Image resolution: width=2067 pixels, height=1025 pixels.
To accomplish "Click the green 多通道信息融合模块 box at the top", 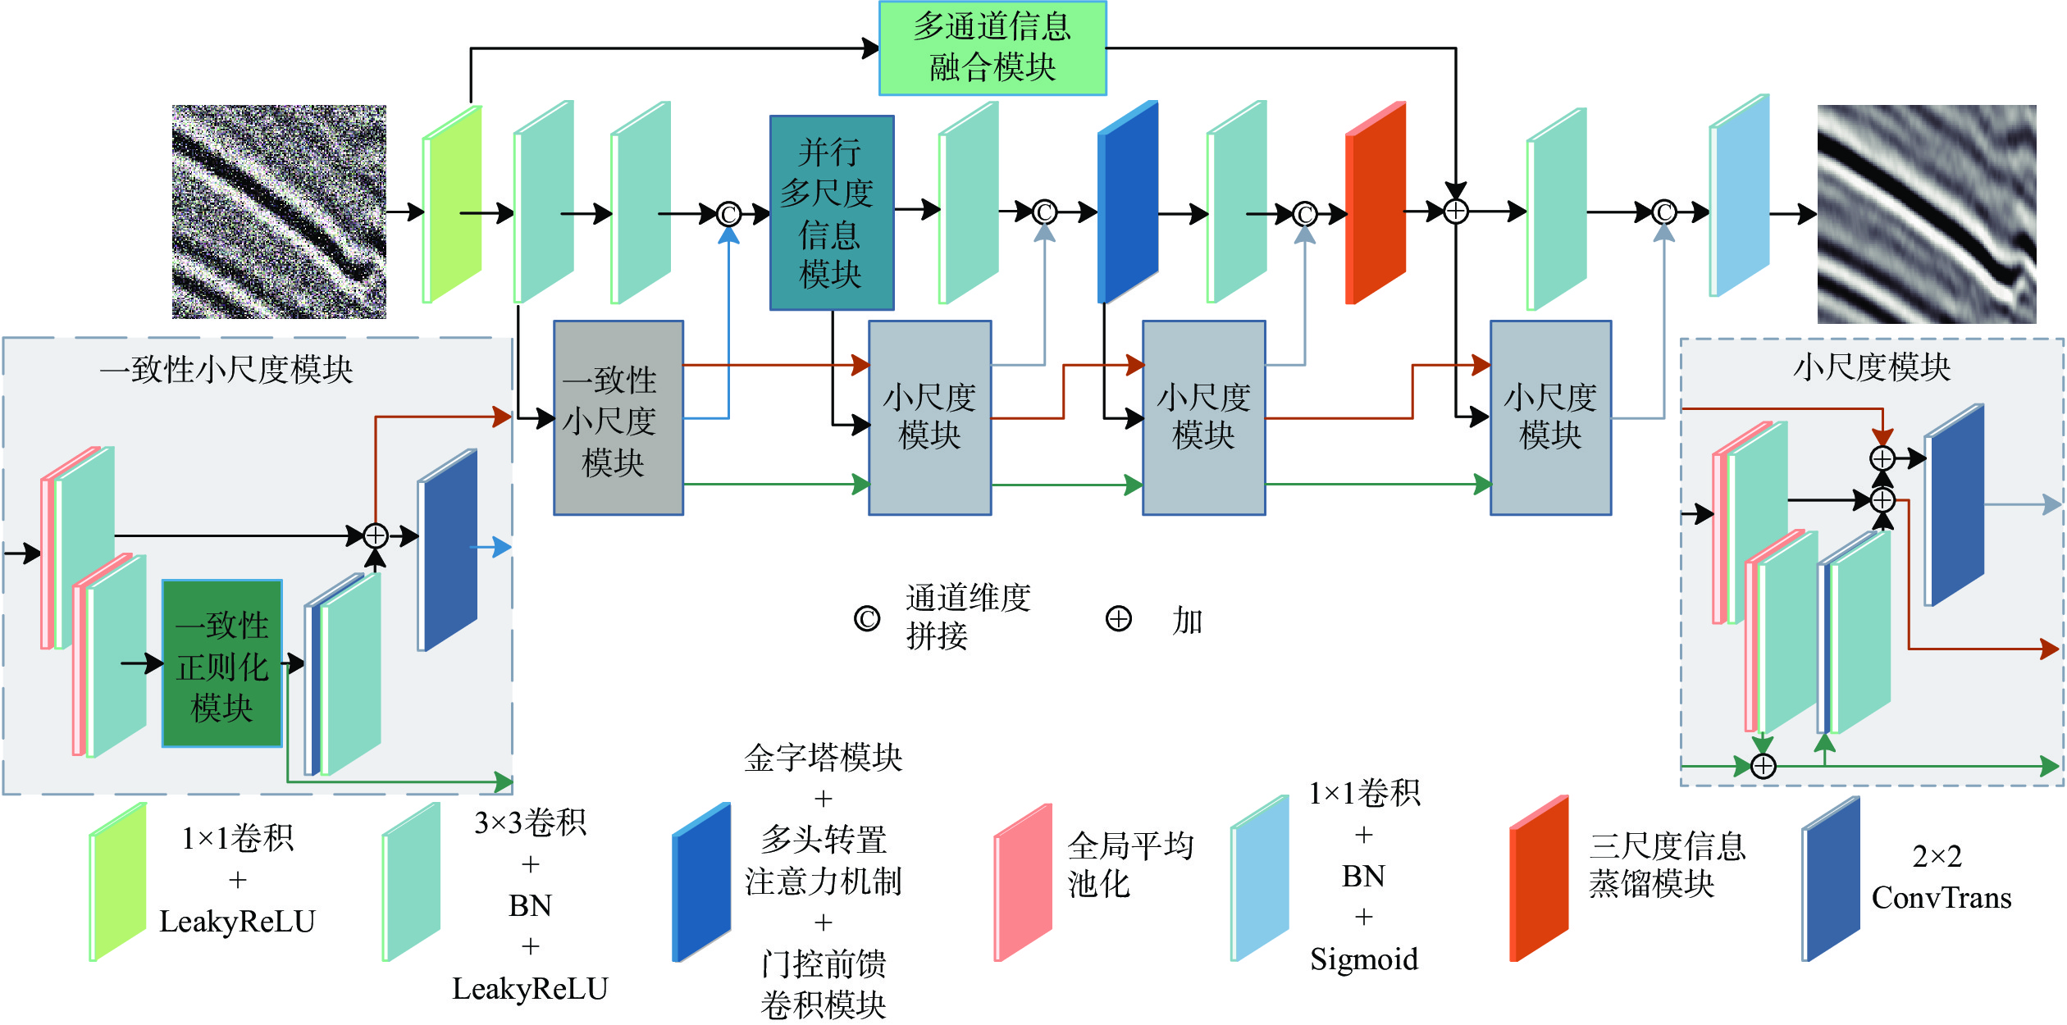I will pos(992,48).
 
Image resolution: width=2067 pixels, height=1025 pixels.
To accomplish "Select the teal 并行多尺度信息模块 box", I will pos(831,212).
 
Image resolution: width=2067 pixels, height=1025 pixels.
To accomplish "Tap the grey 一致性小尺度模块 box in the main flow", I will pos(618,417).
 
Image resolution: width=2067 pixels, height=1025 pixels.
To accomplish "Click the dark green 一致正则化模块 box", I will pos(222,663).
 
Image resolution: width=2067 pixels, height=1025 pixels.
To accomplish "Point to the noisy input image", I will pos(279,212).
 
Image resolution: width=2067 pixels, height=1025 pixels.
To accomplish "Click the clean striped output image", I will pos(1926,213).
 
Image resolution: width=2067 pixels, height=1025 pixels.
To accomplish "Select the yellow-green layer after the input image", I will pos(452,205).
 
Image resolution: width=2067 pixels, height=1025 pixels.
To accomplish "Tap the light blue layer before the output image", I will pos(1740,197).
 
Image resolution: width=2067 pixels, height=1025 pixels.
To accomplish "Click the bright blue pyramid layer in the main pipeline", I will pos(1128,203).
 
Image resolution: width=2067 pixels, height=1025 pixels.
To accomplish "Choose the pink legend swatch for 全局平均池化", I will pos(1023,882).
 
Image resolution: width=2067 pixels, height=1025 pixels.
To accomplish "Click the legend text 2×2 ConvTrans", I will pos(1941,877).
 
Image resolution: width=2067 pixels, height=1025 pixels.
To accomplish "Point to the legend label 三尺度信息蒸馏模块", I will pos(1667,864).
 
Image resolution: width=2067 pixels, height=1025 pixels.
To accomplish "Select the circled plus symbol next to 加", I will pos(1118,619).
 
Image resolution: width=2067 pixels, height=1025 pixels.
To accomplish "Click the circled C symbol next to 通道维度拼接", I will pos(867,619).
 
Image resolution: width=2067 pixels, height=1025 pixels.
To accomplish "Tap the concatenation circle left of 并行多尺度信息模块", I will pos(728,214).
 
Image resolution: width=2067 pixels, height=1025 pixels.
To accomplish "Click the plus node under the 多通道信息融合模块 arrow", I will pos(1455,212).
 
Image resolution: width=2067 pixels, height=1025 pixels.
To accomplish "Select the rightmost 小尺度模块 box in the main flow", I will pos(1550,417).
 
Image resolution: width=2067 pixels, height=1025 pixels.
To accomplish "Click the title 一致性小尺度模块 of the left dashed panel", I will pos(226,370).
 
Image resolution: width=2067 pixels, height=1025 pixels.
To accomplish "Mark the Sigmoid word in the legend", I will pos(1363,959).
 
